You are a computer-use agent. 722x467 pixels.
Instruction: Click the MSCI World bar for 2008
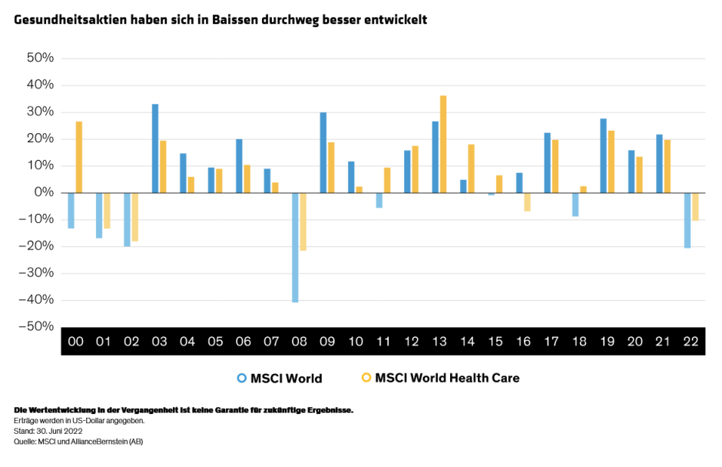point(295,247)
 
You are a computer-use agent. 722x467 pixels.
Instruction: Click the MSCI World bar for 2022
point(687,220)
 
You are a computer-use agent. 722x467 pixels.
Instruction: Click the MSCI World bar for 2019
point(604,155)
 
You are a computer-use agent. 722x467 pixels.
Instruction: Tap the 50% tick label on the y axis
point(40,58)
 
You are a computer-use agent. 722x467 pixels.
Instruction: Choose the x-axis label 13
point(439,342)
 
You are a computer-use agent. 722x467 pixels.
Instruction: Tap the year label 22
point(691,342)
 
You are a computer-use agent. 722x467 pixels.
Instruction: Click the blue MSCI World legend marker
point(241,378)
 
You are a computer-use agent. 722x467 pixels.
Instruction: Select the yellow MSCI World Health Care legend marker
point(366,378)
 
